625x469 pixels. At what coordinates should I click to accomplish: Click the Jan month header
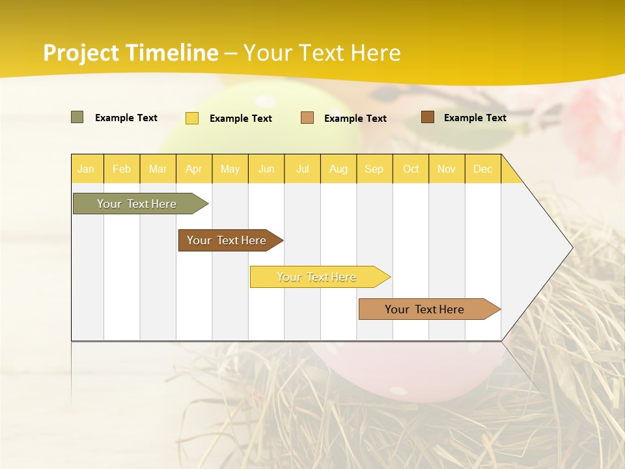[x=86, y=169]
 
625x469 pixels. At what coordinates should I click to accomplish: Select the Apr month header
[x=194, y=169]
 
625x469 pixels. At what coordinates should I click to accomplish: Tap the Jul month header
[x=302, y=169]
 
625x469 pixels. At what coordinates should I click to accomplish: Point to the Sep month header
[x=374, y=169]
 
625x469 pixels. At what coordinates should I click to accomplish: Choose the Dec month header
[x=482, y=169]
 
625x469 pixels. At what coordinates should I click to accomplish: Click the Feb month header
[x=122, y=169]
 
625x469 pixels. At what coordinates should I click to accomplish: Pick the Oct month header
[x=411, y=169]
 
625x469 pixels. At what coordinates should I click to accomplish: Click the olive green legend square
[x=77, y=117]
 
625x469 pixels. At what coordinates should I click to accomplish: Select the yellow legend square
[x=192, y=118]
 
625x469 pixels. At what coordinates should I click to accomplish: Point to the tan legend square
[x=307, y=118]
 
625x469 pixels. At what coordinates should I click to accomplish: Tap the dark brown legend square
[x=428, y=117]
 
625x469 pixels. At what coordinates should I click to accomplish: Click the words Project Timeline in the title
[x=131, y=53]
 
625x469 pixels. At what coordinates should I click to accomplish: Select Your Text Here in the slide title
[x=322, y=53]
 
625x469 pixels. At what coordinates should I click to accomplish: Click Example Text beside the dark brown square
[x=475, y=117]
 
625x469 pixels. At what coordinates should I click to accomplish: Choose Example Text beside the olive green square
[x=126, y=117]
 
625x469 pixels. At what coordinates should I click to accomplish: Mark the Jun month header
[x=266, y=169]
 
